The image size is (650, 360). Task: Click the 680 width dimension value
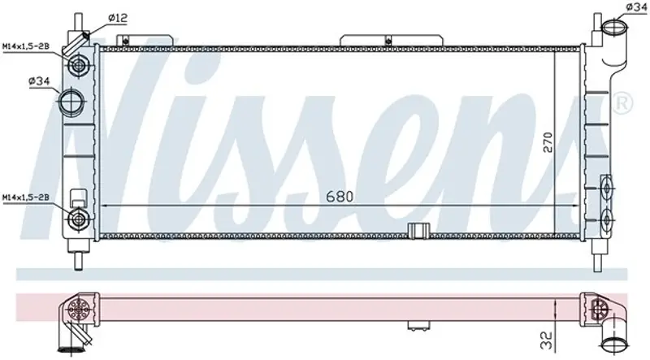tap(340, 196)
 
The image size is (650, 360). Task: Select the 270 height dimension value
tap(548, 142)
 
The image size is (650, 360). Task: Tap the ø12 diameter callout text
tap(118, 18)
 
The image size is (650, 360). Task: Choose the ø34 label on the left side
tap(39, 81)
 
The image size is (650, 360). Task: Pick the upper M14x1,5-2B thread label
tap(26, 46)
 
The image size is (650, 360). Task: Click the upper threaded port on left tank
tap(77, 65)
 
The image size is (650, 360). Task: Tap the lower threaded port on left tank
tap(77, 219)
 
